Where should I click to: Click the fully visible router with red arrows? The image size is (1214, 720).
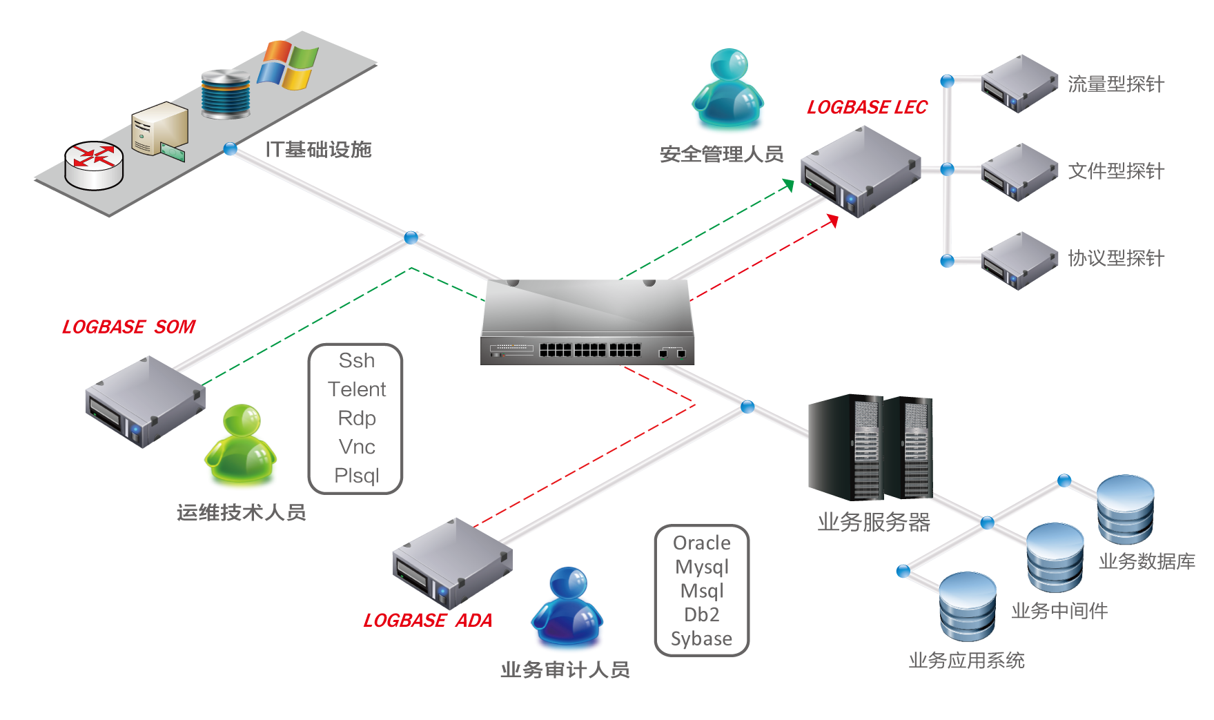(94, 164)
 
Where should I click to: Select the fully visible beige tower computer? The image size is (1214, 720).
(159, 128)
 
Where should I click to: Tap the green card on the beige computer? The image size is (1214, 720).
(173, 150)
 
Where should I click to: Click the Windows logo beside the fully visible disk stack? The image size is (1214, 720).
(288, 65)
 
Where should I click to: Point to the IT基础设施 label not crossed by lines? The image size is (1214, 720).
(318, 149)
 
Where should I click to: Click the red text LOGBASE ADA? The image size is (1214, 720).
(428, 621)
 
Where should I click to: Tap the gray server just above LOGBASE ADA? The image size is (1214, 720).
(452, 563)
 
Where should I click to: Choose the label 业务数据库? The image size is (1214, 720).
(1146, 561)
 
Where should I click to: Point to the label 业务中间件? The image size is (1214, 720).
(1059, 611)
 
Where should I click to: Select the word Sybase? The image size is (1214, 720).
(701, 639)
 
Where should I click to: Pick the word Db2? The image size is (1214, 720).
(702, 614)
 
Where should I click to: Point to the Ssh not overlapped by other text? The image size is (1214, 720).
(356, 360)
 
